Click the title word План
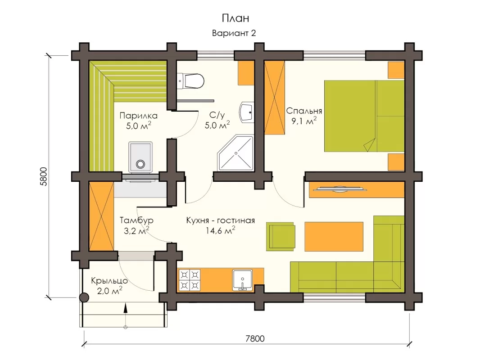235,18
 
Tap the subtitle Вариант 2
234,33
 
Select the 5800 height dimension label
43,176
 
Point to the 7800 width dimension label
255,338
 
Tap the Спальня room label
304,111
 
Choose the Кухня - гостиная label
220,220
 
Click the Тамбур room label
136,220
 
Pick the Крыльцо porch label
109,281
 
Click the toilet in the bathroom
190,81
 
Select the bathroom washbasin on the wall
247,112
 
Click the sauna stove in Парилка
140,157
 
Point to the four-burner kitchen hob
190,279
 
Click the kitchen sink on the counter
242,280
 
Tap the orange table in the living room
334,237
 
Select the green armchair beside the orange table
281,237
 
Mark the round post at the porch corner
84,297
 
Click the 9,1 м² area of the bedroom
304,121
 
